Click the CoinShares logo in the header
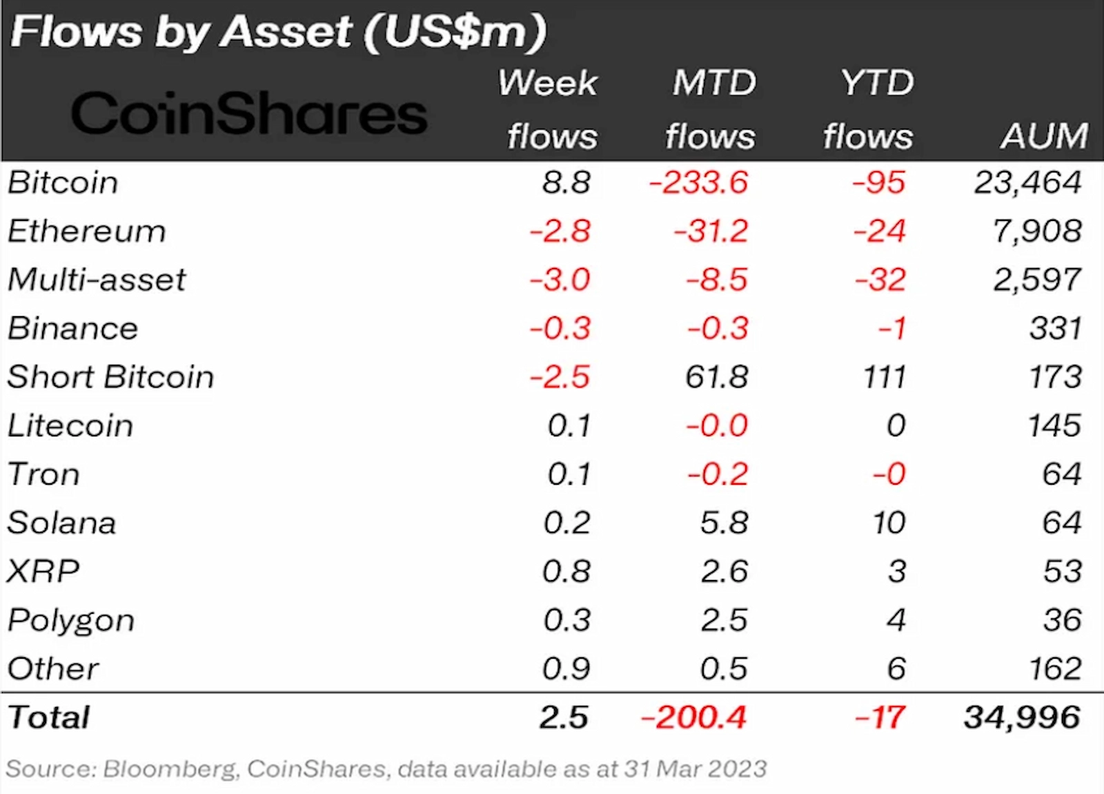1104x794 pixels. (x=248, y=114)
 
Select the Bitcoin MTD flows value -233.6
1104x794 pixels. (x=698, y=183)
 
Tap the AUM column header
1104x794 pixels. (x=1044, y=136)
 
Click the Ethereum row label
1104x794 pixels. (x=87, y=231)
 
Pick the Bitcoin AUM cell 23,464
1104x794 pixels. (x=1027, y=183)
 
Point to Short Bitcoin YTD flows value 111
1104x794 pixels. (x=885, y=378)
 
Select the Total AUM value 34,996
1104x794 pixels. (x=1022, y=717)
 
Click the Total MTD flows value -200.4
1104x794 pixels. (x=693, y=717)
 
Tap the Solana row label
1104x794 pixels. (x=61, y=523)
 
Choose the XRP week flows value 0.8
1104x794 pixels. (x=566, y=572)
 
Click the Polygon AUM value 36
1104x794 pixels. (x=1062, y=620)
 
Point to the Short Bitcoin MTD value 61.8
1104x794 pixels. (x=717, y=378)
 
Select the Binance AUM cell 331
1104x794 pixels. (x=1055, y=329)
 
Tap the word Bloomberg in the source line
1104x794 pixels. (x=169, y=769)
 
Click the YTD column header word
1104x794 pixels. (x=877, y=84)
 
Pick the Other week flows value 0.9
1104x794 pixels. (x=566, y=669)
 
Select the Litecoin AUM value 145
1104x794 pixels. (x=1054, y=426)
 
